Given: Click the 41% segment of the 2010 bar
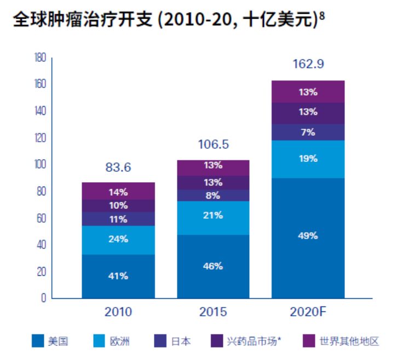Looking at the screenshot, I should (x=118, y=276).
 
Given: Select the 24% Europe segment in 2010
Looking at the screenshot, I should (x=118, y=240).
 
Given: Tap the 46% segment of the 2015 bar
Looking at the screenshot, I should (x=213, y=266).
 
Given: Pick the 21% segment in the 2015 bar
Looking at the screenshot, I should (x=213, y=216).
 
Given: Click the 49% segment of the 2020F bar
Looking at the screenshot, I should (x=308, y=236).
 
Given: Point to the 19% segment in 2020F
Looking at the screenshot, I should (x=308, y=159).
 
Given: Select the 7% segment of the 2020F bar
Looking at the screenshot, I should (x=308, y=132).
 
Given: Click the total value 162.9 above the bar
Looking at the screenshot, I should (x=308, y=65).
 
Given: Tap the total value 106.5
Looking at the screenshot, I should (x=214, y=145).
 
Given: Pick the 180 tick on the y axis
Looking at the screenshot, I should (x=40, y=57).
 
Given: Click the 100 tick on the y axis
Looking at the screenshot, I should (x=40, y=165).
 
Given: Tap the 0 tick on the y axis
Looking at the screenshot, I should (x=43, y=299).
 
